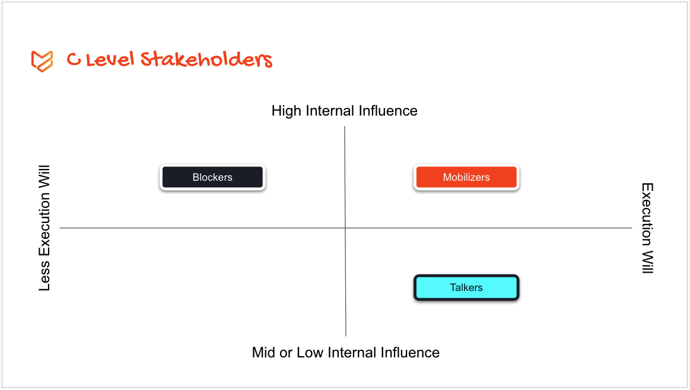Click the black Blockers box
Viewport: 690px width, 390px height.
(212, 177)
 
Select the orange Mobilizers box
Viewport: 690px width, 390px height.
(466, 177)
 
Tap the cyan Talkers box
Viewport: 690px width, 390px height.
(466, 287)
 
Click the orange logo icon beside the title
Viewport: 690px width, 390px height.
(42, 61)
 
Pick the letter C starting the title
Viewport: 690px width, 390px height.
(74, 60)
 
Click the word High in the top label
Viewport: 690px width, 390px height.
(286, 111)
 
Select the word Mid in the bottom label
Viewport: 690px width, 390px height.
(265, 353)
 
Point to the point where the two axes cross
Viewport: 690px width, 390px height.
(345, 228)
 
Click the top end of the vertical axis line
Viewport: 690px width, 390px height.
(345, 127)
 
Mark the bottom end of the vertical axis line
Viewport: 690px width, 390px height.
(346, 335)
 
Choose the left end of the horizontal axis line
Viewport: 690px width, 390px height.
(61, 228)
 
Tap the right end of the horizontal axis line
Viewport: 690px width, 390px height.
(631, 228)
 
